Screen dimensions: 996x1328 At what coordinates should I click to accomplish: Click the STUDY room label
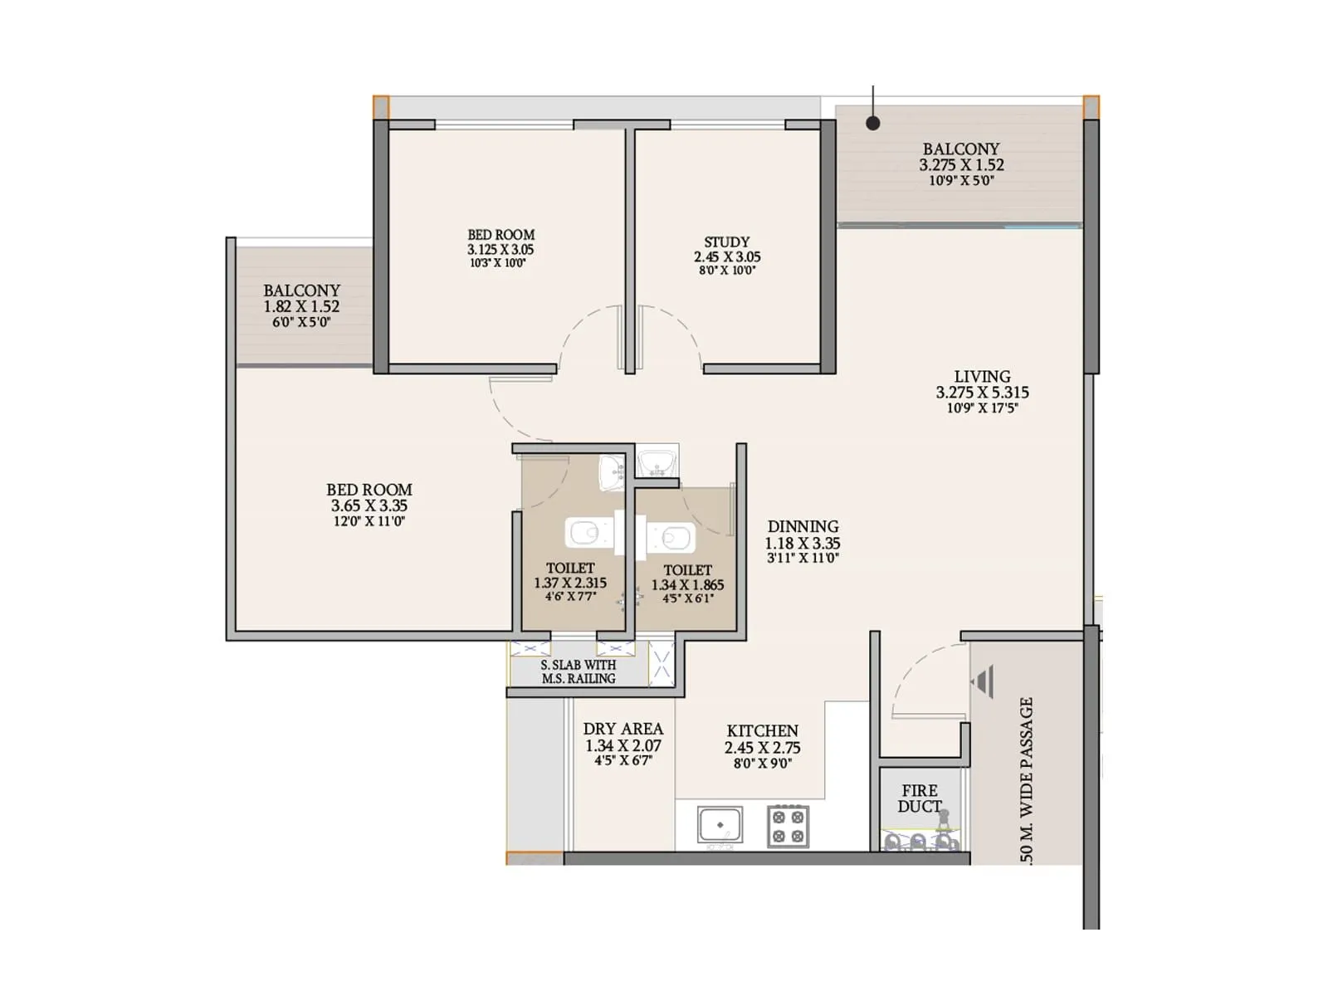coord(727,242)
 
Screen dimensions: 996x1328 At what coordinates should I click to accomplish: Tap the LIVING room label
coord(982,377)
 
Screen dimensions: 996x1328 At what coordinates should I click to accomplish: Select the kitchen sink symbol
coord(720,826)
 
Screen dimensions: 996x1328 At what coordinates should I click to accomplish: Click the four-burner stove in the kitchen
coord(788,826)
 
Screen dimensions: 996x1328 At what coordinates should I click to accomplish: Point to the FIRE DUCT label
coord(920,798)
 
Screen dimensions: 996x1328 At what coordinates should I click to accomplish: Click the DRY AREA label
coord(622,729)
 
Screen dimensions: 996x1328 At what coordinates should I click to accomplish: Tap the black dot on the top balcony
coord(873,123)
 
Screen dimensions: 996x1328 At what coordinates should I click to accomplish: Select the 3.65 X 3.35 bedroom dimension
coord(369,505)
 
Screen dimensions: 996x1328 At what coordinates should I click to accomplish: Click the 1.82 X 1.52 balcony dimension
coord(301,306)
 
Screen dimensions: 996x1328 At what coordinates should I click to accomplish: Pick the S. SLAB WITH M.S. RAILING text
coord(579,671)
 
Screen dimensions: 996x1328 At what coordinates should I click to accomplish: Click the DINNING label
coord(803,526)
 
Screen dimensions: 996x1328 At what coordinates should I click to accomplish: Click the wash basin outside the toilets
coord(657,461)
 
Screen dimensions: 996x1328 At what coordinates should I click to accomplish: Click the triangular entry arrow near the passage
coord(983,681)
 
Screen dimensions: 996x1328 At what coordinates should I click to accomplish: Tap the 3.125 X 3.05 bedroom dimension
coord(500,249)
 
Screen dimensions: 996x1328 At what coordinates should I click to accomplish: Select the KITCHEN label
coord(762,731)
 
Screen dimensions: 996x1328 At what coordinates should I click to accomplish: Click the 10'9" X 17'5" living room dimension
coord(982,408)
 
